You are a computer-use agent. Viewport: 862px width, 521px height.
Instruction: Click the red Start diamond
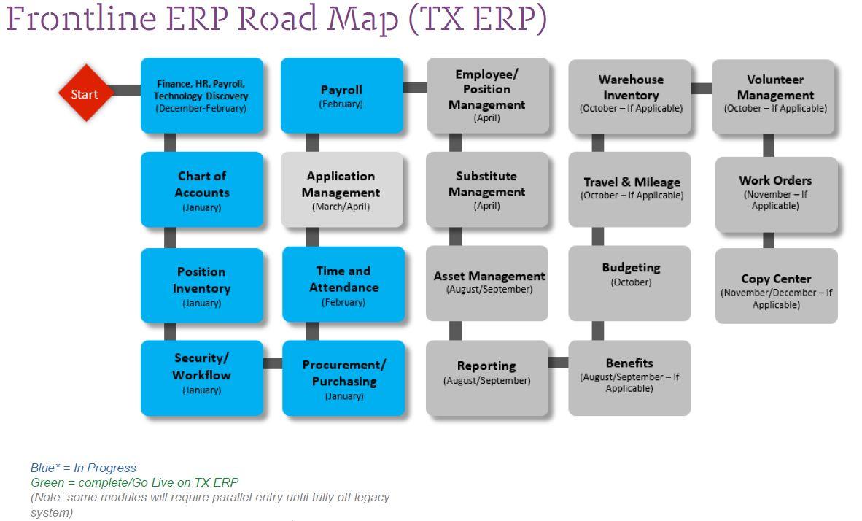(86, 93)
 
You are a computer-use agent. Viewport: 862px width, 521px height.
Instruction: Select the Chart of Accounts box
(202, 190)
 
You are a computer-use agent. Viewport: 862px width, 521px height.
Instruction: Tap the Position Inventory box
(202, 285)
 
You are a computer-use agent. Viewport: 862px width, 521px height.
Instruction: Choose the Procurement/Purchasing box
(343, 378)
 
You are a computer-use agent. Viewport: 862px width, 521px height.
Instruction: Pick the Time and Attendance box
(343, 285)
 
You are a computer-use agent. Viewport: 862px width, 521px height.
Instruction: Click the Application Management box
(341, 190)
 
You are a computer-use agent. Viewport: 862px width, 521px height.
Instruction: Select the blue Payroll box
(341, 96)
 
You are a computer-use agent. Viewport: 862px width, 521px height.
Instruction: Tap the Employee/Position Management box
(487, 96)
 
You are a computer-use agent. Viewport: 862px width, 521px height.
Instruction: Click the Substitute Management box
(487, 190)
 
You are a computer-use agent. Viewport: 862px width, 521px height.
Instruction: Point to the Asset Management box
(487, 282)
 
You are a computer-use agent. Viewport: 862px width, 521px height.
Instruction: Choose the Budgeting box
(629, 282)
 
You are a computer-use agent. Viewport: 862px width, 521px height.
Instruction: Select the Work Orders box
(776, 193)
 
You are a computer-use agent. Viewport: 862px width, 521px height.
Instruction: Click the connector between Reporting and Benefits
(558, 362)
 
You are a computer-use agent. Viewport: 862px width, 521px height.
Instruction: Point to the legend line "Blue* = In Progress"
(83, 468)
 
